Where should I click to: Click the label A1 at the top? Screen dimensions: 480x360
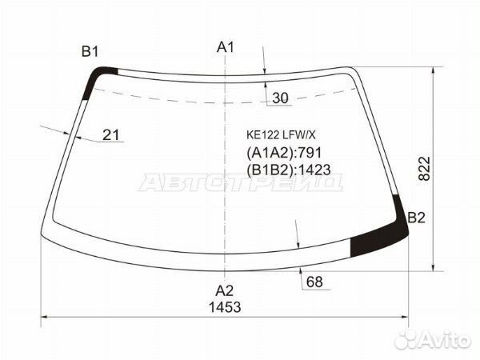coord(226,48)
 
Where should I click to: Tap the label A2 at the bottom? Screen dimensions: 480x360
coord(225,290)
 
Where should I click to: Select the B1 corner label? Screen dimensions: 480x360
coord(90,52)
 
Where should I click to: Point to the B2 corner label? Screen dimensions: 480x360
coord(416,218)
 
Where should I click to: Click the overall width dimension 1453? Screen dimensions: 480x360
coord(225,307)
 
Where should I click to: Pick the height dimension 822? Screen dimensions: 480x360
coord(424,169)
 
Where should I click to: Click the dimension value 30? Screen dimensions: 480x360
coord(280,98)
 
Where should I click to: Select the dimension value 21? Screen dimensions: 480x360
coord(111,134)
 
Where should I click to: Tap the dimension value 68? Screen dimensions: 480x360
coord(314,282)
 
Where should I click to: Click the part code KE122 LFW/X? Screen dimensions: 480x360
coord(281,135)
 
